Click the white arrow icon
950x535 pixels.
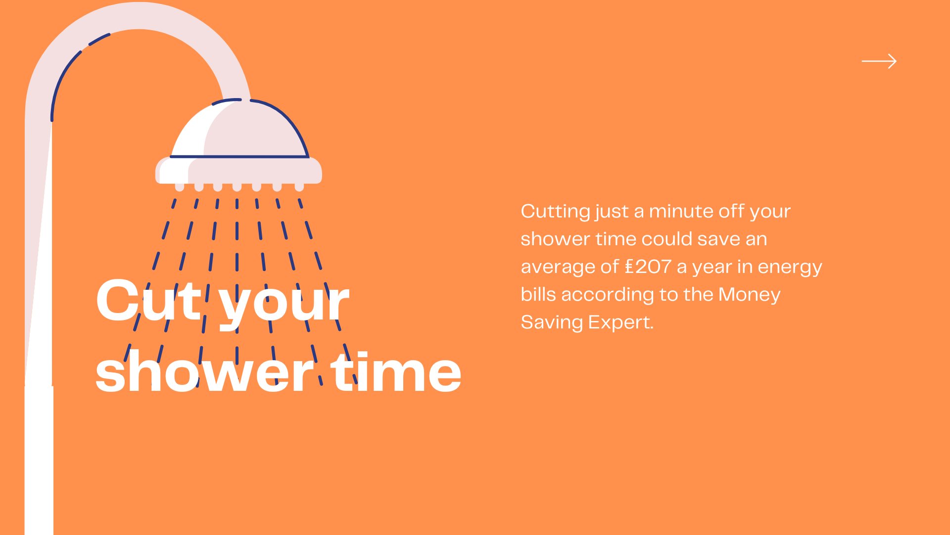tap(879, 61)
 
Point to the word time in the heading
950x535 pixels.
tap(396, 372)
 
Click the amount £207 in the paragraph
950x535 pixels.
tap(648, 267)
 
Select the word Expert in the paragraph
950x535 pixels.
tap(621, 323)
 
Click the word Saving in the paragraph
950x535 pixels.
tap(552, 323)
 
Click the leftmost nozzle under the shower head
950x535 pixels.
tap(180, 187)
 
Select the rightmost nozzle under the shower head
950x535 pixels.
tap(299, 187)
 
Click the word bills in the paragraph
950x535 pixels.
tap(538, 295)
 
